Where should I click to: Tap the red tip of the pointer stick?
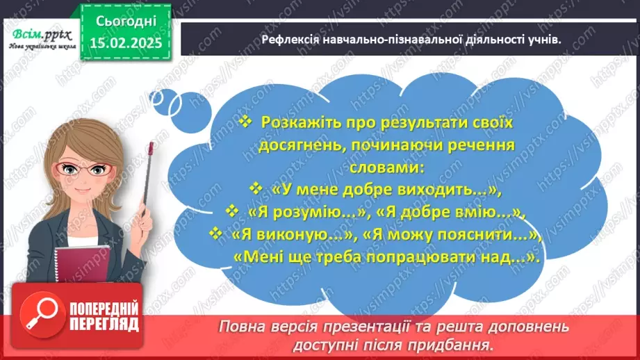point(149,147)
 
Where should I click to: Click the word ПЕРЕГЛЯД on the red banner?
point(104,325)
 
